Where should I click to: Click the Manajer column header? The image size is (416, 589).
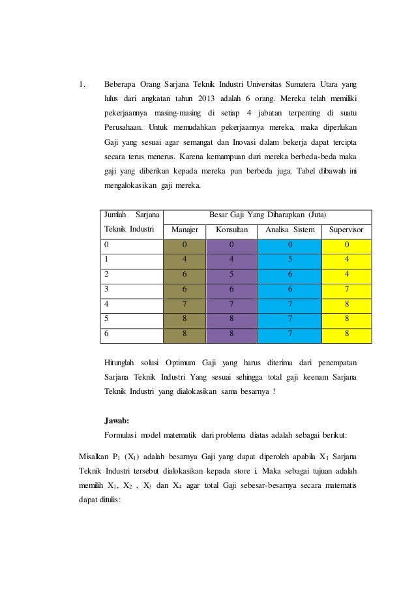[x=185, y=230]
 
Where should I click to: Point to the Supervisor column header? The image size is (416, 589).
[x=347, y=230]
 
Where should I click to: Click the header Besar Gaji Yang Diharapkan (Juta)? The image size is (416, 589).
[x=267, y=215]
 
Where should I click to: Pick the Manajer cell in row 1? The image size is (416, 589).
[x=185, y=260]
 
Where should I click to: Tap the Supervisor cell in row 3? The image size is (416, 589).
[x=347, y=290]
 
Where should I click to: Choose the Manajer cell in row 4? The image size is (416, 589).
[x=185, y=305]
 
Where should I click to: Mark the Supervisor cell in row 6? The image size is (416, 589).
[x=347, y=335]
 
